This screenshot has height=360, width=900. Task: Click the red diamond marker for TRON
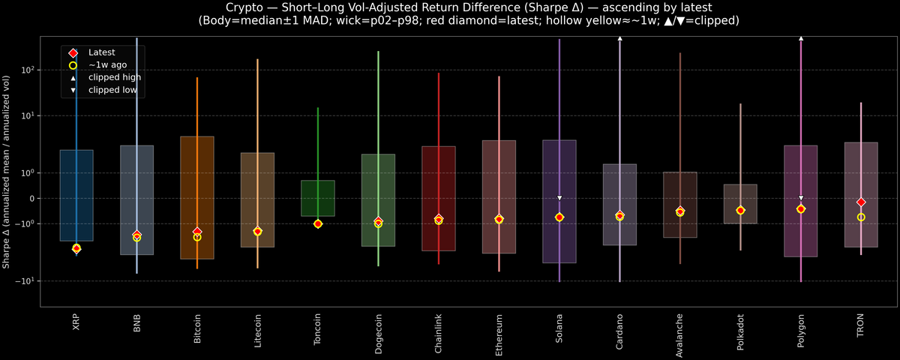(x=861, y=202)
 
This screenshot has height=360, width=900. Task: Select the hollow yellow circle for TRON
(x=861, y=217)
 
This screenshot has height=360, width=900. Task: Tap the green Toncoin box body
(x=318, y=198)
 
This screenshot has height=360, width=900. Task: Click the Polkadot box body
(x=740, y=203)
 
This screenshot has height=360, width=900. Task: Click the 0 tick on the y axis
(x=31, y=198)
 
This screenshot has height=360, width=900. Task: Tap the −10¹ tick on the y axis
(x=26, y=280)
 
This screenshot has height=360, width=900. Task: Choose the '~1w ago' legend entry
(x=107, y=65)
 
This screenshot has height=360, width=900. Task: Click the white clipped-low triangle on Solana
(x=559, y=198)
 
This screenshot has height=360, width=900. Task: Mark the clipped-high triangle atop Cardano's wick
(x=619, y=37)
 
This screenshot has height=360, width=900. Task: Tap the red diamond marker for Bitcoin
(x=197, y=232)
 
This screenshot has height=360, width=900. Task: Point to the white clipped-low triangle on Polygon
(x=801, y=198)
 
